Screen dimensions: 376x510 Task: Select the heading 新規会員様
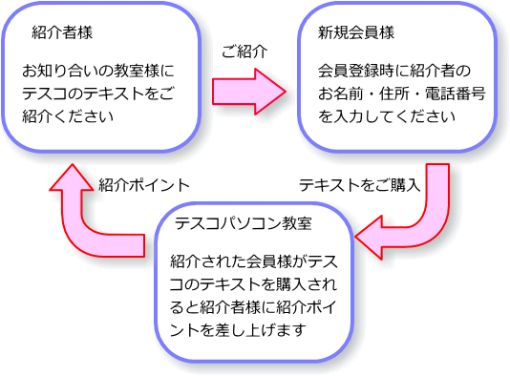355,31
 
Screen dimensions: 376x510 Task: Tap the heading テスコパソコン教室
244,223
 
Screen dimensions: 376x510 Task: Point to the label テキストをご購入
359,184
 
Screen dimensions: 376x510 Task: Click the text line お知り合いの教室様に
99,71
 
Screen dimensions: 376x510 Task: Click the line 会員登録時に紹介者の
394,71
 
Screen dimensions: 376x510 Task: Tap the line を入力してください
382,116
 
